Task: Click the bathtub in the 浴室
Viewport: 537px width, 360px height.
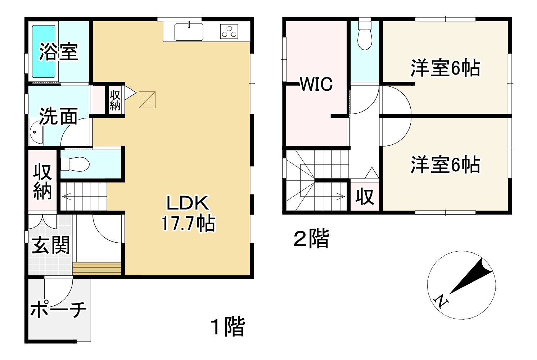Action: click(x=44, y=51)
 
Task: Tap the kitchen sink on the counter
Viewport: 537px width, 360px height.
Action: click(x=189, y=32)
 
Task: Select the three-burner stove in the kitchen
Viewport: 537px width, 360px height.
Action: click(x=229, y=31)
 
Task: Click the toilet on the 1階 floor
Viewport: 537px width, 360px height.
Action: click(x=75, y=165)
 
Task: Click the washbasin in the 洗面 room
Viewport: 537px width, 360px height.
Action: click(x=36, y=132)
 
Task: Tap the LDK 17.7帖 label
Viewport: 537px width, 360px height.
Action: click(x=188, y=213)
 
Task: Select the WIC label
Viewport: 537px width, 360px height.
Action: click(x=316, y=84)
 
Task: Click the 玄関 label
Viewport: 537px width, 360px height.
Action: click(x=51, y=246)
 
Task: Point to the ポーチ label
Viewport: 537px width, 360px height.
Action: click(x=59, y=309)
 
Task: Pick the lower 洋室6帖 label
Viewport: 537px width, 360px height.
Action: click(x=445, y=165)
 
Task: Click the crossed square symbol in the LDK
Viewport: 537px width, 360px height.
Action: click(x=147, y=100)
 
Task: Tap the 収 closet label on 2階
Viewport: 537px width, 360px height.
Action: click(x=365, y=197)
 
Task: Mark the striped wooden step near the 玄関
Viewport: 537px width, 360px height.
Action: click(x=97, y=269)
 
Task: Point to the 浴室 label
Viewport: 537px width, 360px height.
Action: click(x=59, y=51)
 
